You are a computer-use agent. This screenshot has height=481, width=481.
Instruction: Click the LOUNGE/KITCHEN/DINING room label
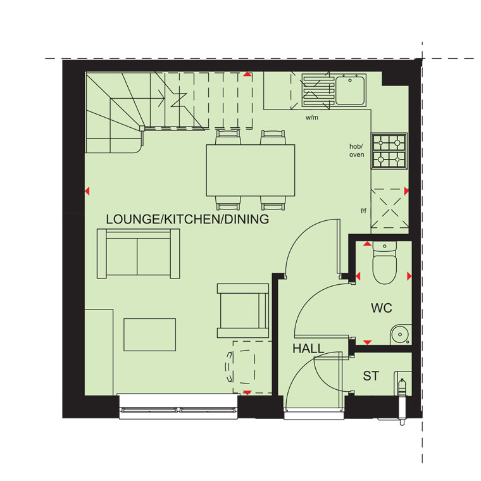point(187,219)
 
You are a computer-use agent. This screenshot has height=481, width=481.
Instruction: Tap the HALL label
point(308,349)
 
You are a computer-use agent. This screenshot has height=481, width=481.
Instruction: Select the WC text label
point(382,308)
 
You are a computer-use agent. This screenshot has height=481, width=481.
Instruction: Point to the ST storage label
point(371,376)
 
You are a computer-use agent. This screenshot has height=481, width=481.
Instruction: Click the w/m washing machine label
point(311,118)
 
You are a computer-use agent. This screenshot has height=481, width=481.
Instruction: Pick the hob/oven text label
point(356,151)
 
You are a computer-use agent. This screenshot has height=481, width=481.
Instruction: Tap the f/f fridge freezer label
point(363,211)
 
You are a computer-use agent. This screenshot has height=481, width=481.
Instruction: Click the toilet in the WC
point(384,263)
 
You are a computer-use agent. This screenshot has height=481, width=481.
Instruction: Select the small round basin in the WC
point(401,334)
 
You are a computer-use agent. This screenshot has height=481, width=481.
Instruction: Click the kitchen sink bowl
point(350,90)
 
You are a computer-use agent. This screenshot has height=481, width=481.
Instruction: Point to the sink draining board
point(318,91)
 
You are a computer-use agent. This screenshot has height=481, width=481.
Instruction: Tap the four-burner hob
point(389,151)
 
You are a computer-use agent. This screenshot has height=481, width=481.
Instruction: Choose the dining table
point(251,170)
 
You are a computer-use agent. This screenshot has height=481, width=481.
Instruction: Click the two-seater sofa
point(139,253)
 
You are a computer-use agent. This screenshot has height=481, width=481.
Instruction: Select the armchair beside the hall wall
point(243,311)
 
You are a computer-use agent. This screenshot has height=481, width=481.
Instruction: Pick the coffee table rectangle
point(150,335)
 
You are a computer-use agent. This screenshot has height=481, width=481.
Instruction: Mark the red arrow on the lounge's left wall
point(87,191)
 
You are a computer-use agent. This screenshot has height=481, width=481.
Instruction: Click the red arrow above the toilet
point(367,244)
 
